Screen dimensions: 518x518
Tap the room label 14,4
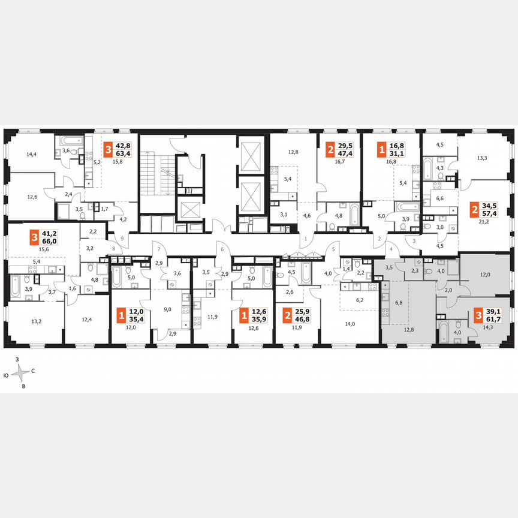point(32,154)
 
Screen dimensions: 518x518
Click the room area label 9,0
point(168,309)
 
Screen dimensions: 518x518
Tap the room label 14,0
point(350,324)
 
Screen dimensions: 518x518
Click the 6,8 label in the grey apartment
point(398,303)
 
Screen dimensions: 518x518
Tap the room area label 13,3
point(482,158)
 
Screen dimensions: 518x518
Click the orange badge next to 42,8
point(109,149)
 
